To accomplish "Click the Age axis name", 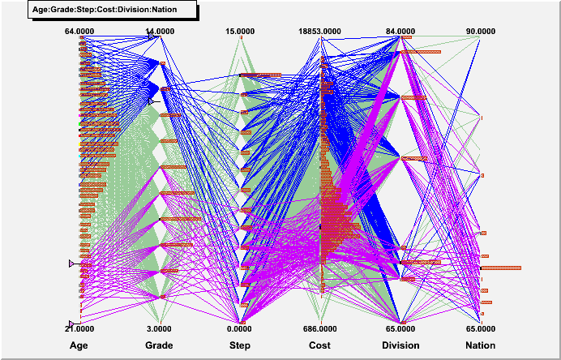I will (x=79, y=345).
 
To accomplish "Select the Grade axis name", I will (x=159, y=345).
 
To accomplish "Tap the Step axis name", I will (x=240, y=345).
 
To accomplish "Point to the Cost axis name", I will (x=319, y=345).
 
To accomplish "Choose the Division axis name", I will (x=400, y=345).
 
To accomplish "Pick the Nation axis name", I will (x=481, y=345).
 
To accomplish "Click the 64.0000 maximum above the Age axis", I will (x=80, y=32).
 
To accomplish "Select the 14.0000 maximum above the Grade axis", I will (x=160, y=32).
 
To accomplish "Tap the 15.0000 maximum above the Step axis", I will (x=240, y=32).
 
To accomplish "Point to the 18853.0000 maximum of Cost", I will (x=319, y=32).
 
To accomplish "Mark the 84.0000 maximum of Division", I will (x=400, y=32).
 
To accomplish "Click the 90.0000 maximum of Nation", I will (x=481, y=32).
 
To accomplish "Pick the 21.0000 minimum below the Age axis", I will (x=80, y=328).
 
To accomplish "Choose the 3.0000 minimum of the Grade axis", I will (x=160, y=328).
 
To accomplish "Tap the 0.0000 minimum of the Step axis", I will (x=240, y=328).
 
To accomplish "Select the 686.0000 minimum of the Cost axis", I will (x=319, y=328).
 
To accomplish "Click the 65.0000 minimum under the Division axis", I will (x=400, y=328).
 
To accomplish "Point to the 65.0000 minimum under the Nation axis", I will (x=481, y=328).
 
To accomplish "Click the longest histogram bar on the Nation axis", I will (x=500, y=268).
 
